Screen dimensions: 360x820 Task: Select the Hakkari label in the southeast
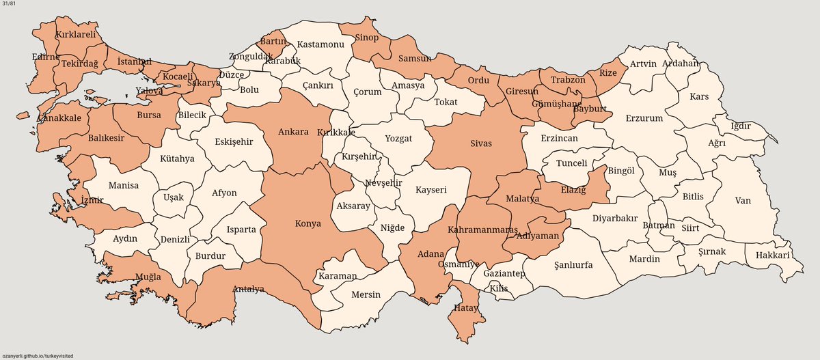tap(772, 255)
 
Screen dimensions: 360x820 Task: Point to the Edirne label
tap(46, 57)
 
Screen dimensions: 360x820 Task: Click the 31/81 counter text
tap(9, 5)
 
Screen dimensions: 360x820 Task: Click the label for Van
tap(743, 201)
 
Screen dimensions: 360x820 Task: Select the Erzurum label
tap(644, 118)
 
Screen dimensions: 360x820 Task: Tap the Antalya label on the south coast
tap(248, 288)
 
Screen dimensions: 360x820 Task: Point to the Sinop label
tap(366, 38)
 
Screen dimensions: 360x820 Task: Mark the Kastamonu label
tap(320, 44)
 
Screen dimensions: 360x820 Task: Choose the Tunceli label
tap(572, 163)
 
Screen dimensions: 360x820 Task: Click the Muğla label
tap(148, 277)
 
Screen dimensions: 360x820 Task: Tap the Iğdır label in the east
tap(741, 126)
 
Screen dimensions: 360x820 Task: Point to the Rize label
tap(607, 73)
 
